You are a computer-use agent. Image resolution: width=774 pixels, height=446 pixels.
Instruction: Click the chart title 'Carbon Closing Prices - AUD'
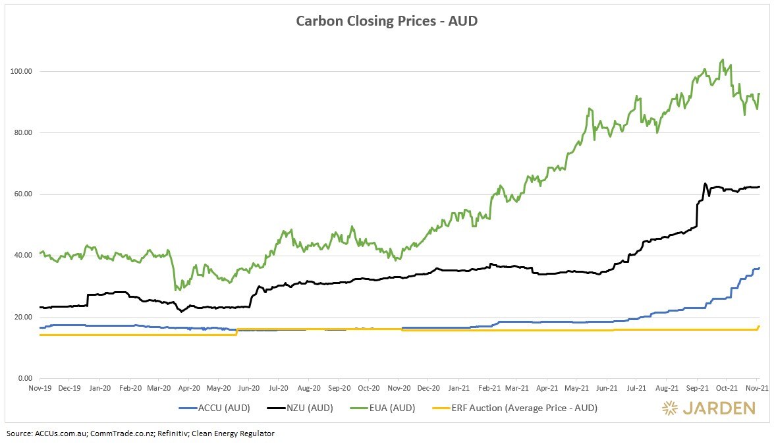(x=387, y=20)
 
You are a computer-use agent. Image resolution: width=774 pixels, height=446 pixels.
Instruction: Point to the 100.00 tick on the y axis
(x=24, y=71)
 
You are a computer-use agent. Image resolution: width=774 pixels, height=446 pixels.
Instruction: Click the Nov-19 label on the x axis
(x=40, y=389)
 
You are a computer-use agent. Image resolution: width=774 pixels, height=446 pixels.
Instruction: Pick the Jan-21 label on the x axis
(x=458, y=389)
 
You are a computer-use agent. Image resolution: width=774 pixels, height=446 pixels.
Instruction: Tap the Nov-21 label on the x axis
(x=756, y=389)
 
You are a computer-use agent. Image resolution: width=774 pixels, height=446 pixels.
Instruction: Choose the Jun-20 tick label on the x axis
(x=248, y=389)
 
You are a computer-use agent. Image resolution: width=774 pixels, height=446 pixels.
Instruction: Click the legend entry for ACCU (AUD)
(x=214, y=408)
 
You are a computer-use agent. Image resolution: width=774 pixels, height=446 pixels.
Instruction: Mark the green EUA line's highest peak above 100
(x=723, y=59)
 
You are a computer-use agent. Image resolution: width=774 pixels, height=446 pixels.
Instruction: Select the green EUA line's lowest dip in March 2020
(x=176, y=290)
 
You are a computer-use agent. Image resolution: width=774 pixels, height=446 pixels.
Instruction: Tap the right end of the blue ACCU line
(x=759, y=267)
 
